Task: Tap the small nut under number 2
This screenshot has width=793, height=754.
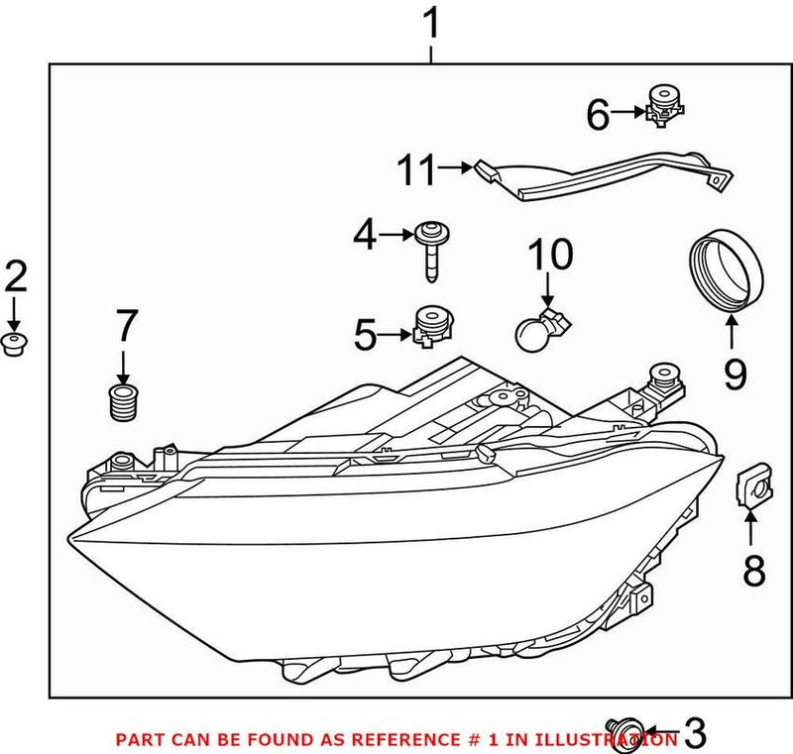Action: point(15,344)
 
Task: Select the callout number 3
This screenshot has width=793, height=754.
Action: point(696,734)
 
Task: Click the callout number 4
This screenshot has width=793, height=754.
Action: point(365,235)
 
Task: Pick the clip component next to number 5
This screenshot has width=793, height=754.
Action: point(431,325)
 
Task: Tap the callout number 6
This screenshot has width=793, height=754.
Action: point(598,115)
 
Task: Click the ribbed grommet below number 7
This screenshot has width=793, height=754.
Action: point(123,402)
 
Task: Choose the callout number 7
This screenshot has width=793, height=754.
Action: point(127,327)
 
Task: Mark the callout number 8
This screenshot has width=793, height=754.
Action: point(754,571)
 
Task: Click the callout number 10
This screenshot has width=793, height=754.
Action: point(549,256)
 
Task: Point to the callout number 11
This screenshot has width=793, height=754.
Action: point(416,171)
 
